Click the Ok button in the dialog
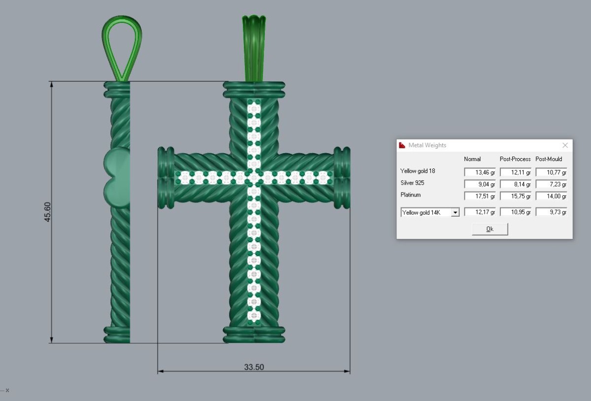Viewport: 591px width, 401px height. [490, 229]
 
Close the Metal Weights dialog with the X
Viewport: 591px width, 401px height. [565, 145]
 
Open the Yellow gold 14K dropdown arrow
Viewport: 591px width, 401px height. [455, 212]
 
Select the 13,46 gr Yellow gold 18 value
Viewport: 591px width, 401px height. [480, 172]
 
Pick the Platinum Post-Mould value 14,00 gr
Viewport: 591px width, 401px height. [552, 196]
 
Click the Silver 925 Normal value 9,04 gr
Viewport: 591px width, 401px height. [480, 184]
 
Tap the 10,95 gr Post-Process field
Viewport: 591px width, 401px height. [516, 212]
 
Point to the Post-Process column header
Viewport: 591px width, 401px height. [515, 159]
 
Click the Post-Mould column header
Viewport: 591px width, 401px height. [549, 159]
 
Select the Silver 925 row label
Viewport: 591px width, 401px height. [412, 183]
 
